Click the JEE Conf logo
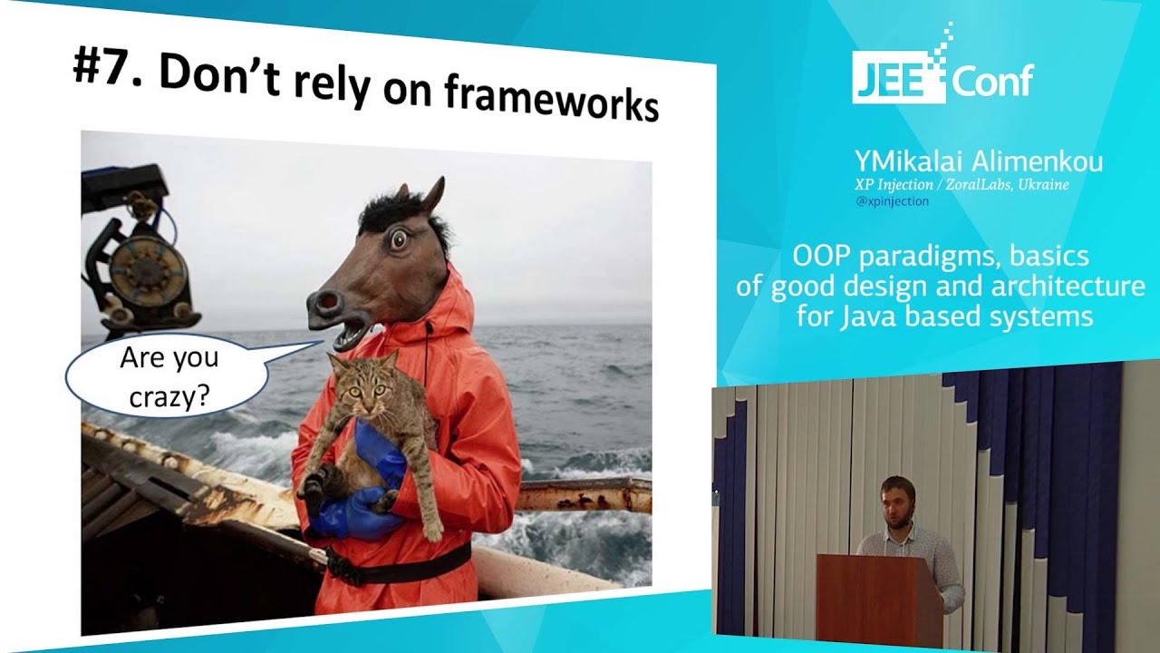click(942, 76)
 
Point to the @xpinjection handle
click(892, 201)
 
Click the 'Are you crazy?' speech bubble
click(169, 375)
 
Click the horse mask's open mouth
click(349, 332)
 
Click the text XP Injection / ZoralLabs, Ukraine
click(962, 185)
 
